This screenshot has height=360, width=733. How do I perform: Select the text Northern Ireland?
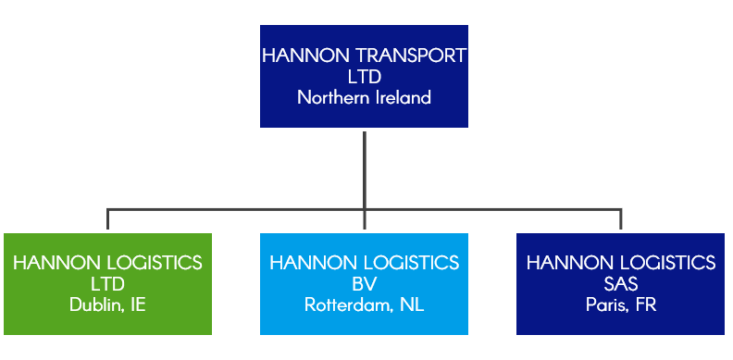pyautogui.click(x=364, y=97)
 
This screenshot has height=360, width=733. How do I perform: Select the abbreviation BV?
pyautogui.click(x=364, y=284)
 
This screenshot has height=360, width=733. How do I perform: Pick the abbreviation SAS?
pyautogui.click(x=621, y=284)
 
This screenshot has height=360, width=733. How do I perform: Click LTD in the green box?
pyautogui.click(x=107, y=284)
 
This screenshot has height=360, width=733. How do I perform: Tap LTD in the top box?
pyautogui.click(x=364, y=77)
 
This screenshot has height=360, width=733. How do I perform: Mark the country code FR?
pyautogui.click(x=645, y=304)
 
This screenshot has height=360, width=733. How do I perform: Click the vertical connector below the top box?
pyautogui.click(x=365, y=167)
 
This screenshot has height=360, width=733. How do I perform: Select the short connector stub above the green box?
pyautogui.click(x=108, y=218)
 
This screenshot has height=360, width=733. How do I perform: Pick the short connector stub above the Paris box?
pyautogui.click(x=621, y=218)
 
